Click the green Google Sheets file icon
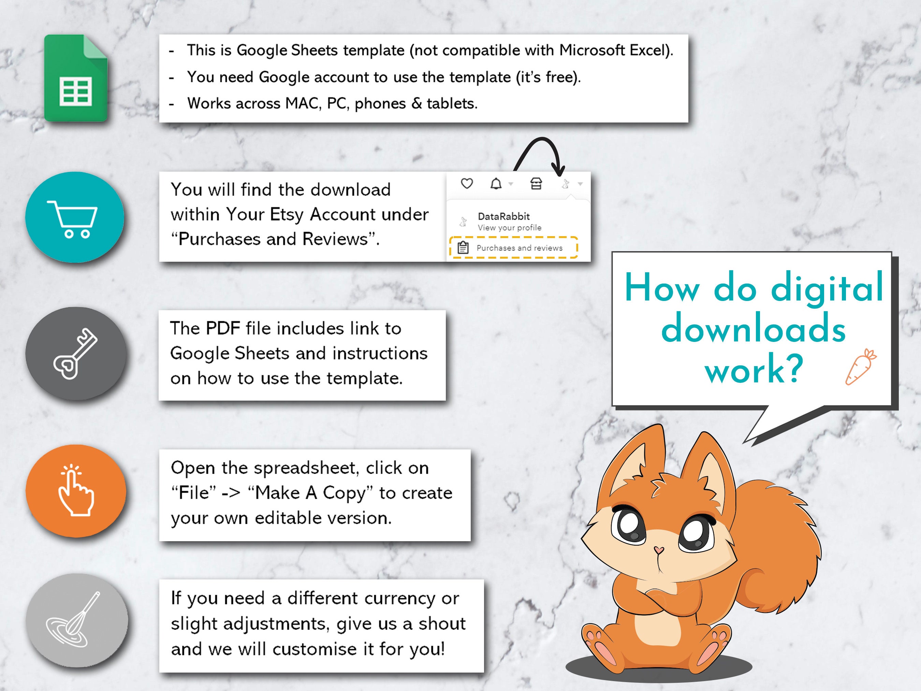pos(75,78)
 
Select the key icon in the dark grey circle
pos(75,354)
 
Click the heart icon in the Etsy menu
pos(467,183)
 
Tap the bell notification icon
pos(496,184)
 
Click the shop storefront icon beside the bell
pos(536,184)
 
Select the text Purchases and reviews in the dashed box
pos(519,248)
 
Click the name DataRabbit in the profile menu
pos(503,216)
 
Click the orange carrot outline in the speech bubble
pos(860,367)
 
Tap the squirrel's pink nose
pos(658,550)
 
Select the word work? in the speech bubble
pos(754,369)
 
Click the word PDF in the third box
pos(222,328)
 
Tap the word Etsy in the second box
pos(287,215)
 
